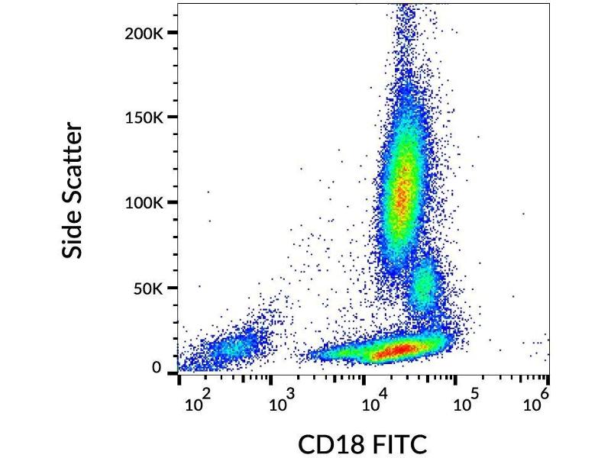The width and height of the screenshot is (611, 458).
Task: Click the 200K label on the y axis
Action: (144, 34)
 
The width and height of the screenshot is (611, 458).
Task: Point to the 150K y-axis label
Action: (144, 118)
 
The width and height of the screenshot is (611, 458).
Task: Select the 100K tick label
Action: (144, 203)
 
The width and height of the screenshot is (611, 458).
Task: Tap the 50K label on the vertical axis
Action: (148, 289)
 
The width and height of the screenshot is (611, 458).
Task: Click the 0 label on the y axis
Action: (157, 368)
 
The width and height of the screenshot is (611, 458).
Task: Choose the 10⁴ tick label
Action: (373, 403)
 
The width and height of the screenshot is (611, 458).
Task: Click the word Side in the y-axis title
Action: (73, 232)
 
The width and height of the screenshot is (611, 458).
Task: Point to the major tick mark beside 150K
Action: (172, 117)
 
